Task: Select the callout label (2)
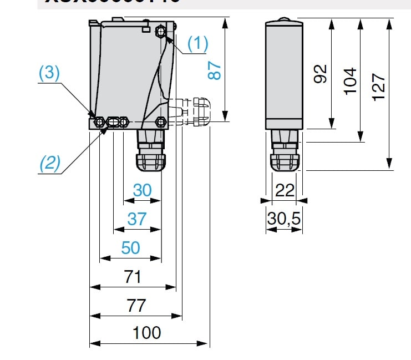[x=49, y=163]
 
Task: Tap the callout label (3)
[x=49, y=74]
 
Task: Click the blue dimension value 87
[x=215, y=70]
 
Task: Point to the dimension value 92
[x=321, y=73]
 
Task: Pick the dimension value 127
[x=378, y=87]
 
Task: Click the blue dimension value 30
[x=142, y=190]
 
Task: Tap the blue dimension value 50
[x=130, y=247]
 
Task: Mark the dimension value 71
[x=133, y=277]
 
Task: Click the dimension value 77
[x=136, y=305]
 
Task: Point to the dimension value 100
[x=147, y=333]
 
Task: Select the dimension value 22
[x=285, y=190]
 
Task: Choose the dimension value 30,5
[x=283, y=219]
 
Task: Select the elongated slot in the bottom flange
[x=115, y=121]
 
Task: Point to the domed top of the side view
[x=283, y=21]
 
